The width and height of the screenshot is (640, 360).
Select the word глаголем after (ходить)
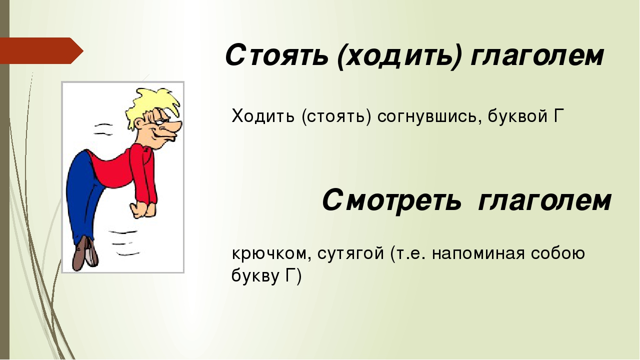coord(537,56)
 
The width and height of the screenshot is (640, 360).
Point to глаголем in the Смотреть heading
coord(544,201)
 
